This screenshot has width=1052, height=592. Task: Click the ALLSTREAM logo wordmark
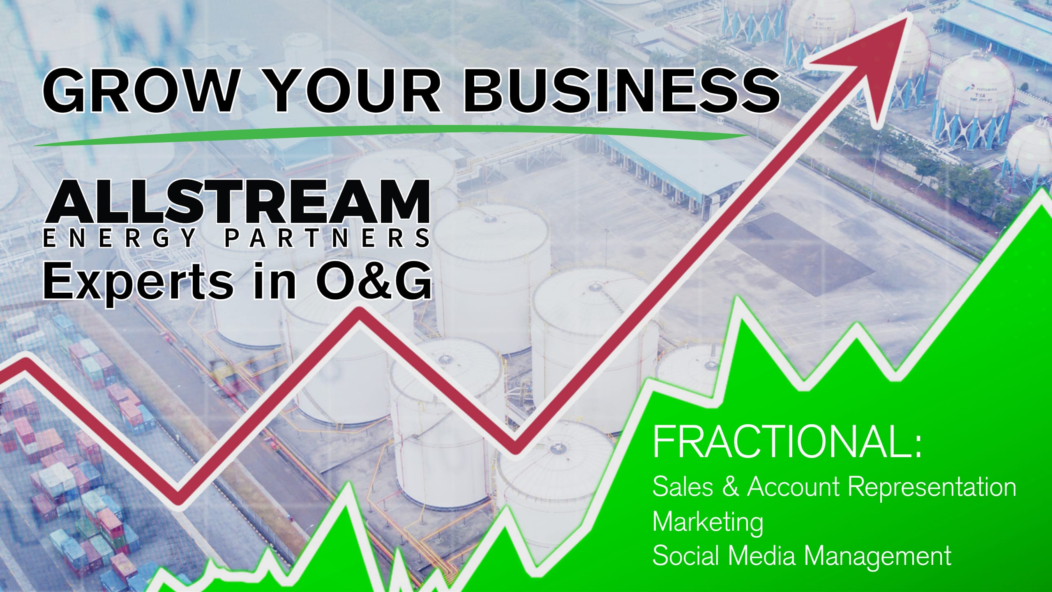237,203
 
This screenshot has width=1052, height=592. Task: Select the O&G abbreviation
373,281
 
